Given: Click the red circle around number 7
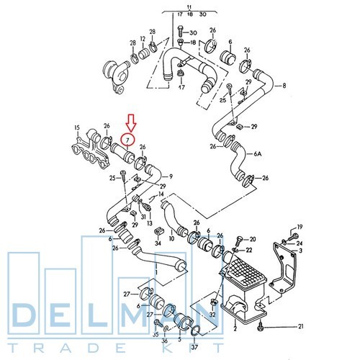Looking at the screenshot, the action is [121, 140].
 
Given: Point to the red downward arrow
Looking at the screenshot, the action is [131, 122].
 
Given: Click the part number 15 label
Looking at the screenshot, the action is [77, 127].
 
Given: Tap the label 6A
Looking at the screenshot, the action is [258, 153].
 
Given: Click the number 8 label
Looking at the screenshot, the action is [284, 86].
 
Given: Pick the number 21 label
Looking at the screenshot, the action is [301, 326].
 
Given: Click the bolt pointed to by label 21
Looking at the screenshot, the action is [261, 326].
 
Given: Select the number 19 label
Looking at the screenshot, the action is [300, 227].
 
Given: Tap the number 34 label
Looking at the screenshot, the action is [158, 243].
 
